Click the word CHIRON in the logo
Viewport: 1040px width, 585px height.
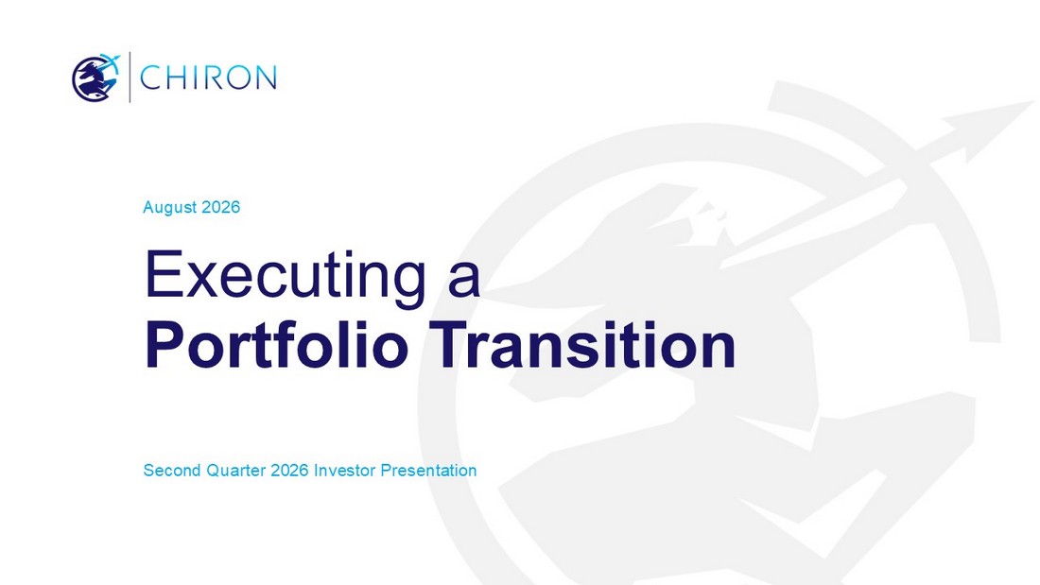(208, 77)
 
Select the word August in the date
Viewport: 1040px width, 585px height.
(170, 208)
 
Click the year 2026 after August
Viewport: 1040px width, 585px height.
(221, 207)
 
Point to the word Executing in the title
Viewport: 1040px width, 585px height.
(286, 275)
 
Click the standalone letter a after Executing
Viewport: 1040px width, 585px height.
(463, 280)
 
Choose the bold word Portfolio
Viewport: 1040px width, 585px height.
(276, 345)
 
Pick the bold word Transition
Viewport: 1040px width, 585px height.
(583, 345)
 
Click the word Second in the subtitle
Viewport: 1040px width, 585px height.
(172, 471)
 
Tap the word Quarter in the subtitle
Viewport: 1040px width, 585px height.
(236, 471)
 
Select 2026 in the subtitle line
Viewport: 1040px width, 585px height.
(290, 471)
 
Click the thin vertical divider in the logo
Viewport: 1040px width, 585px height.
(130, 77)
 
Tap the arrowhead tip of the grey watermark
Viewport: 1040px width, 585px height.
(1033, 101)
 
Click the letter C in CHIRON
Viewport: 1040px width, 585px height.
(151, 77)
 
